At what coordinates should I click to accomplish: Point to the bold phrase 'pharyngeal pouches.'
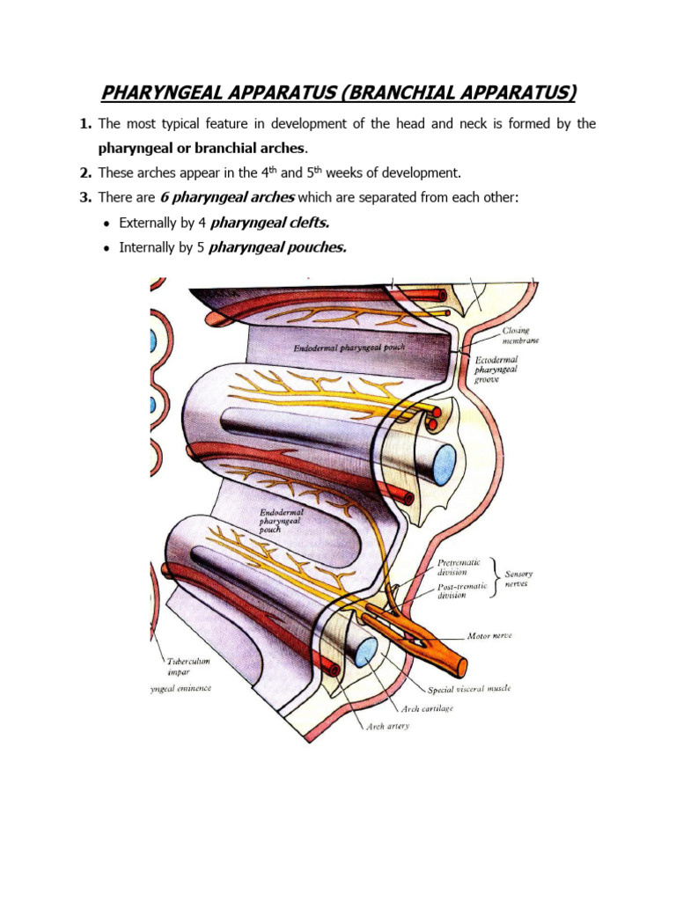pyautogui.click(x=277, y=247)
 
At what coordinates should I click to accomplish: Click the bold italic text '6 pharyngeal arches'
pyautogui.click(x=226, y=197)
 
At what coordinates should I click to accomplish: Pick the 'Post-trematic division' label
pyautogui.click(x=463, y=590)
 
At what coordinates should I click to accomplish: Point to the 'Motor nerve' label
pyautogui.click(x=490, y=634)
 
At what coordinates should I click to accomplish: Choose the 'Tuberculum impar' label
pyautogui.click(x=185, y=665)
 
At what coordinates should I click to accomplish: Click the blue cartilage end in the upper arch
pyautogui.click(x=445, y=460)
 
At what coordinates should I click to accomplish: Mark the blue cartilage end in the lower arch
pyautogui.click(x=365, y=650)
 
